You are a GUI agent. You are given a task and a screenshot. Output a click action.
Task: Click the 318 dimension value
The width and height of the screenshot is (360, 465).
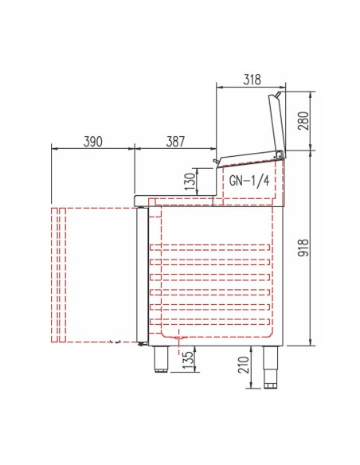[252, 80]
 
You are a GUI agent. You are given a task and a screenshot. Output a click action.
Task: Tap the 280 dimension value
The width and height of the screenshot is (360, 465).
[303, 120]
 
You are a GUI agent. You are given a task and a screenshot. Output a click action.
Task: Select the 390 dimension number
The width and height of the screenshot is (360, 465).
[93, 142]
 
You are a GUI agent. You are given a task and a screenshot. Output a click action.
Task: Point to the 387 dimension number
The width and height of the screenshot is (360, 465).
[175, 142]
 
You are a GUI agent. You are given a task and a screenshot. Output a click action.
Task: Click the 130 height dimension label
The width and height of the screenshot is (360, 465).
[190, 182]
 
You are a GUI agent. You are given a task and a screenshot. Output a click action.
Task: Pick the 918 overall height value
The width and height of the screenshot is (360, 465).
[303, 247]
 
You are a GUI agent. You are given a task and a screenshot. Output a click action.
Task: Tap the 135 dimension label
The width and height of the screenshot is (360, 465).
[187, 360]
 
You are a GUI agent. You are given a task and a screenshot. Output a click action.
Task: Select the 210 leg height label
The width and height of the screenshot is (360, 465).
[244, 365]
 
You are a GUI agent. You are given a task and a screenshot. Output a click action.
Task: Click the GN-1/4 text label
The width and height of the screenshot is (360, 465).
[249, 180]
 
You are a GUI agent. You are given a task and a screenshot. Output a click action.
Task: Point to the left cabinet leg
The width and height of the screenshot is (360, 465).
[161, 359]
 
